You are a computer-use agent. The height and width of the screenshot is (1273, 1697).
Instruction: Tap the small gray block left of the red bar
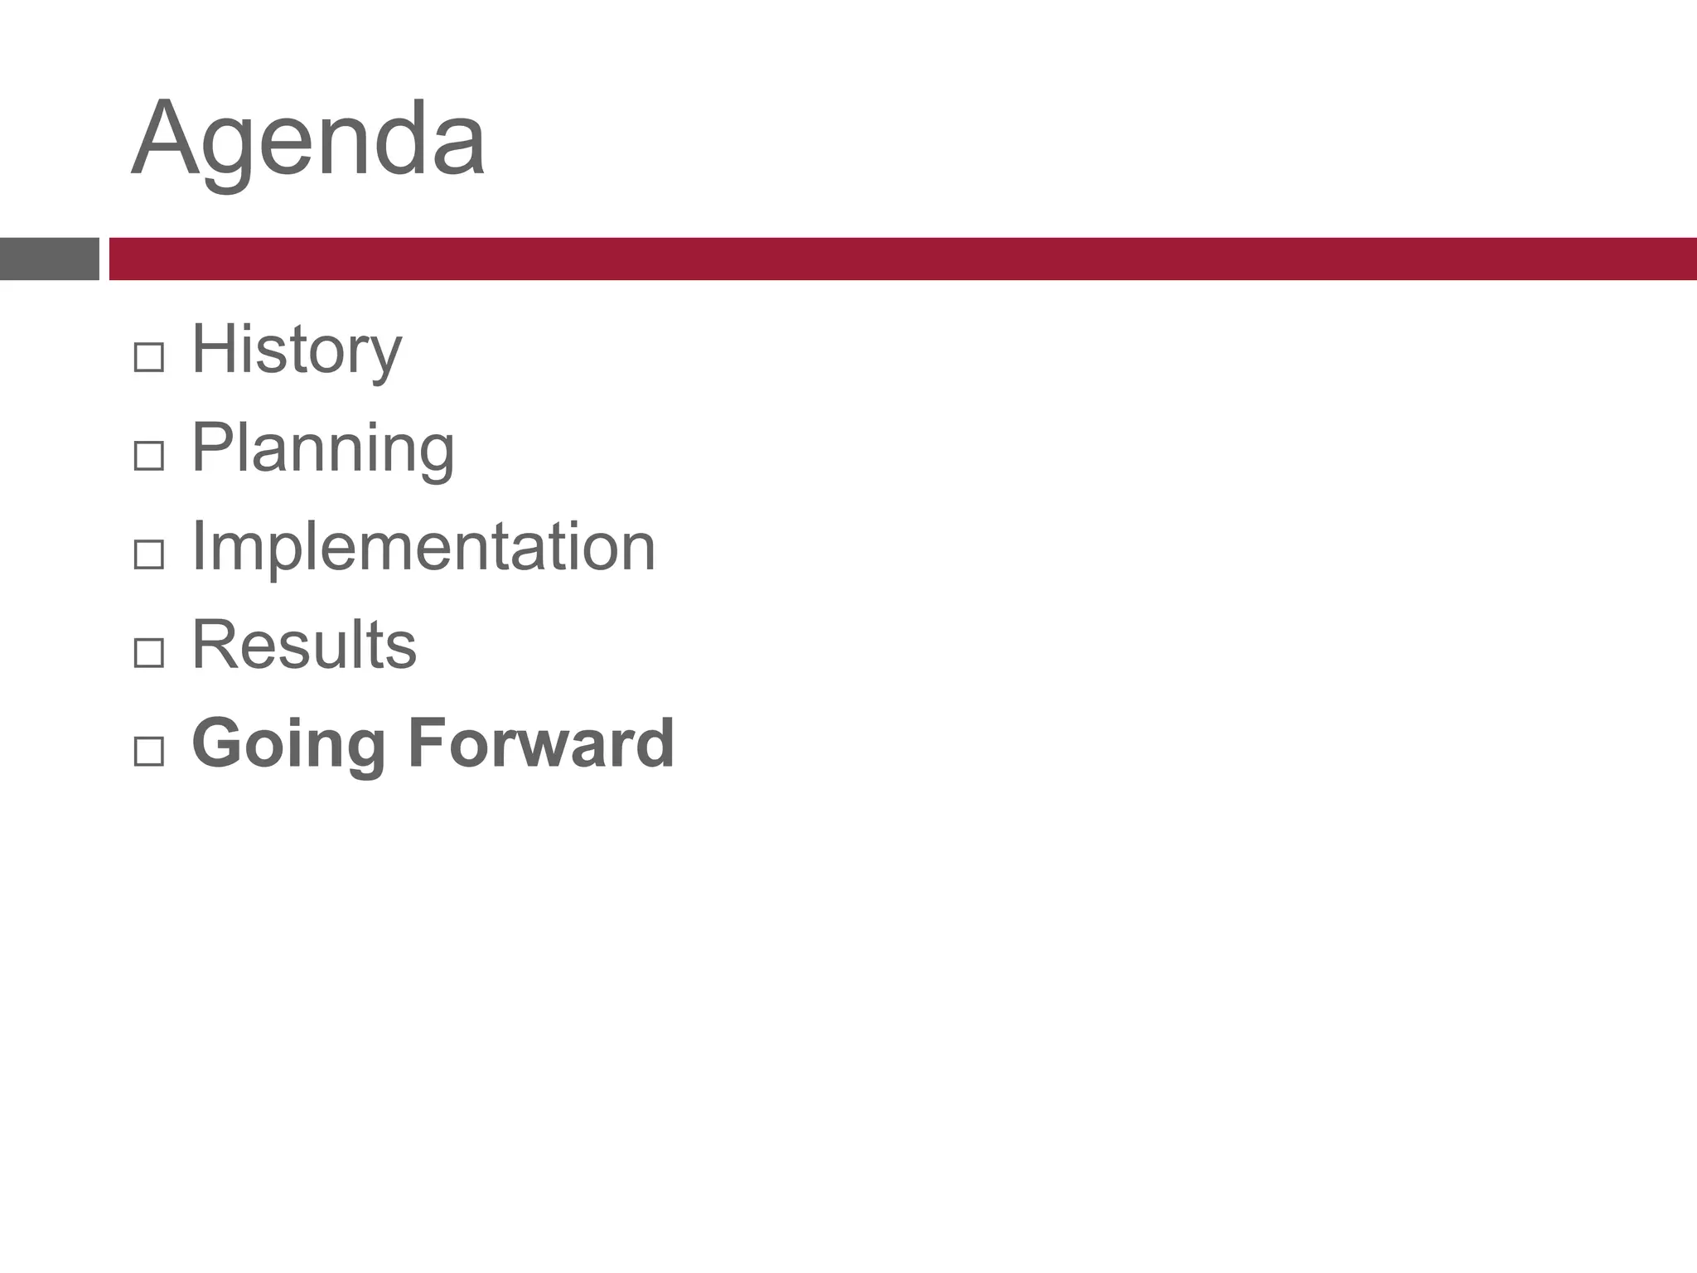coord(49,259)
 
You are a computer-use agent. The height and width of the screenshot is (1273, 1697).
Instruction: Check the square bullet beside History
coord(148,357)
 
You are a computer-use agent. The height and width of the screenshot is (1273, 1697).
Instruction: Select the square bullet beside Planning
coord(148,456)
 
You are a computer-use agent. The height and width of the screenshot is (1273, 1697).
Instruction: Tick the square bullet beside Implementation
coord(148,554)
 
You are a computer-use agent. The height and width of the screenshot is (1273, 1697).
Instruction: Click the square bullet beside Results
coord(148,653)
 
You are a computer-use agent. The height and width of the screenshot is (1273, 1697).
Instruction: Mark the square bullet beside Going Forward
coord(148,752)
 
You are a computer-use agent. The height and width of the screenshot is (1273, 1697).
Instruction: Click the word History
coord(297,350)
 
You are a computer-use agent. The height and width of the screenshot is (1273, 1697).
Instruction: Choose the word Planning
coord(323,448)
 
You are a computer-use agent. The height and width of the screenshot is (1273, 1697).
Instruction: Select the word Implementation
coord(423,546)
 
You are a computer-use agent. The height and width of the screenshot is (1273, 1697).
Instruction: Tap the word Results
coord(304,645)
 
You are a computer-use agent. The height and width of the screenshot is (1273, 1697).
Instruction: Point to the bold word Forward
coord(541,743)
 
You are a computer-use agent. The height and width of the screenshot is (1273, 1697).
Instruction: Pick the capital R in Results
coord(212,644)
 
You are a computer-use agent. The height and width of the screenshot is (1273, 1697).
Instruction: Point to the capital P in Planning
coord(211,446)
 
